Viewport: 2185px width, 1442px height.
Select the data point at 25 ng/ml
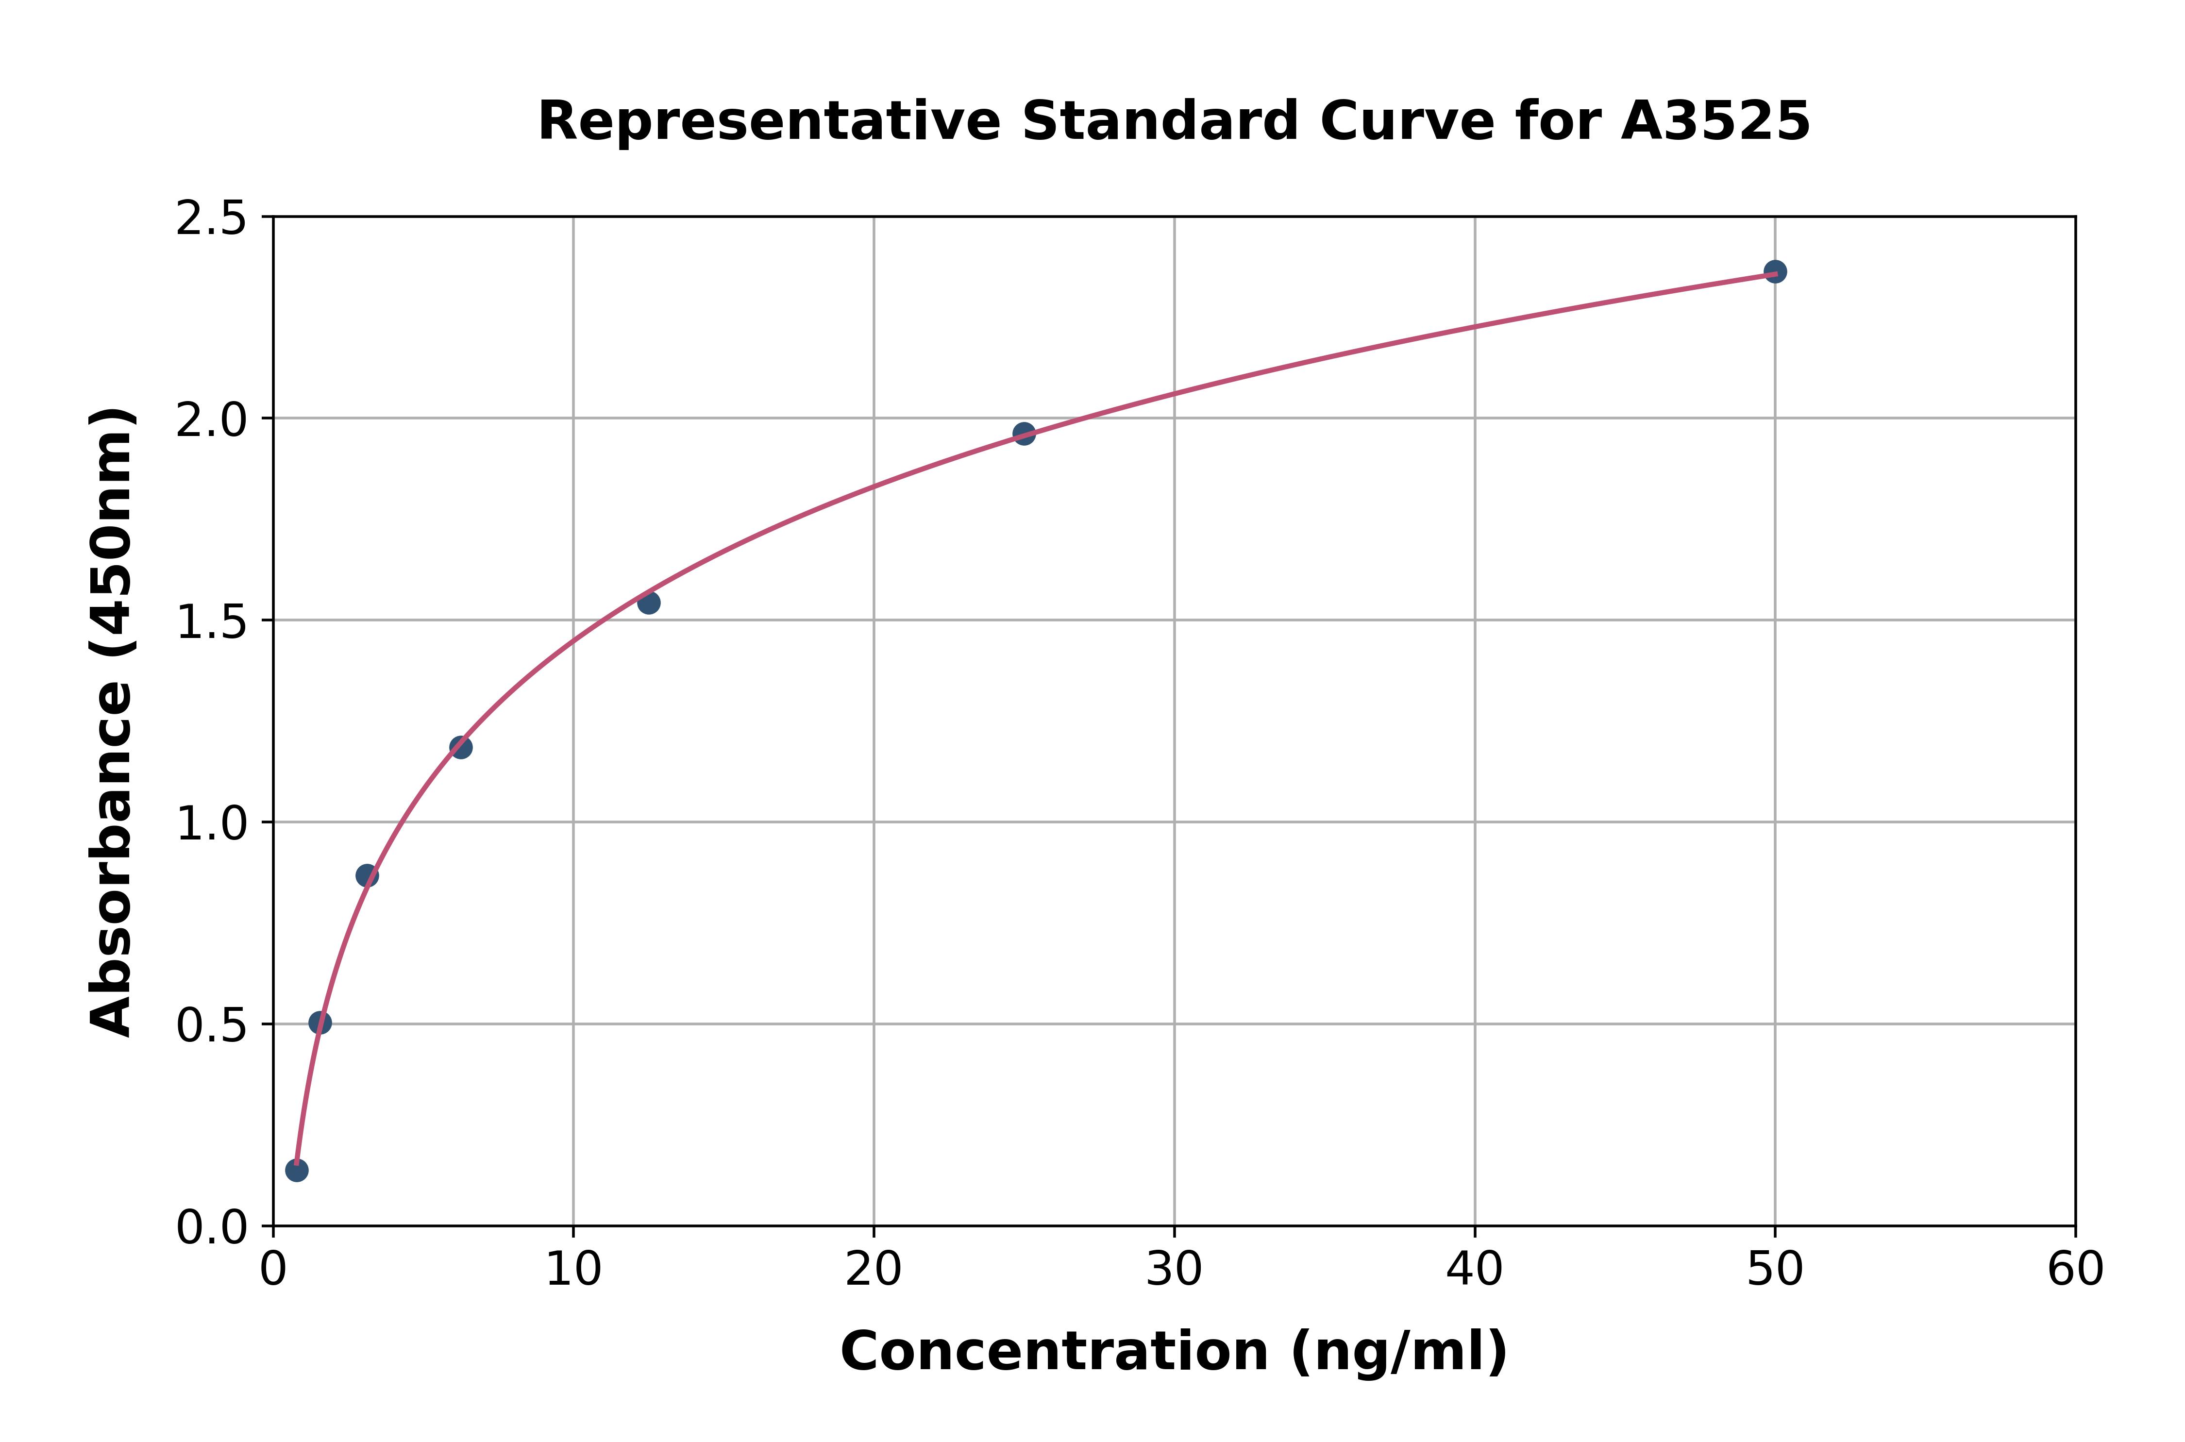pyautogui.click(x=1024, y=433)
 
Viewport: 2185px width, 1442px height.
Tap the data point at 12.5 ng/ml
pyautogui.click(x=648, y=603)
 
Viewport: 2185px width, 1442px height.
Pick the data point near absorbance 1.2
pyautogui.click(x=461, y=747)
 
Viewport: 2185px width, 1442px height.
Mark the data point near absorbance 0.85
pyautogui.click(x=367, y=875)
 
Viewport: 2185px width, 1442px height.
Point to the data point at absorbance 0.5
pyautogui.click(x=320, y=1023)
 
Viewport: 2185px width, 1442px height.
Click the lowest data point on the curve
pyautogui.click(x=297, y=1170)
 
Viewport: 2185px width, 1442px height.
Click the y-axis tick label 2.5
pyautogui.click(x=212, y=219)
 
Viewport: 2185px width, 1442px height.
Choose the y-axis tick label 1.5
pyautogui.click(x=212, y=621)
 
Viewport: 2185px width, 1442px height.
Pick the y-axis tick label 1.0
pyautogui.click(x=212, y=823)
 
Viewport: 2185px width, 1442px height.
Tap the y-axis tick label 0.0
pyautogui.click(x=212, y=1227)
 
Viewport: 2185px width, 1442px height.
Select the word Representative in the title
pyautogui.click(x=769, y=121)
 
